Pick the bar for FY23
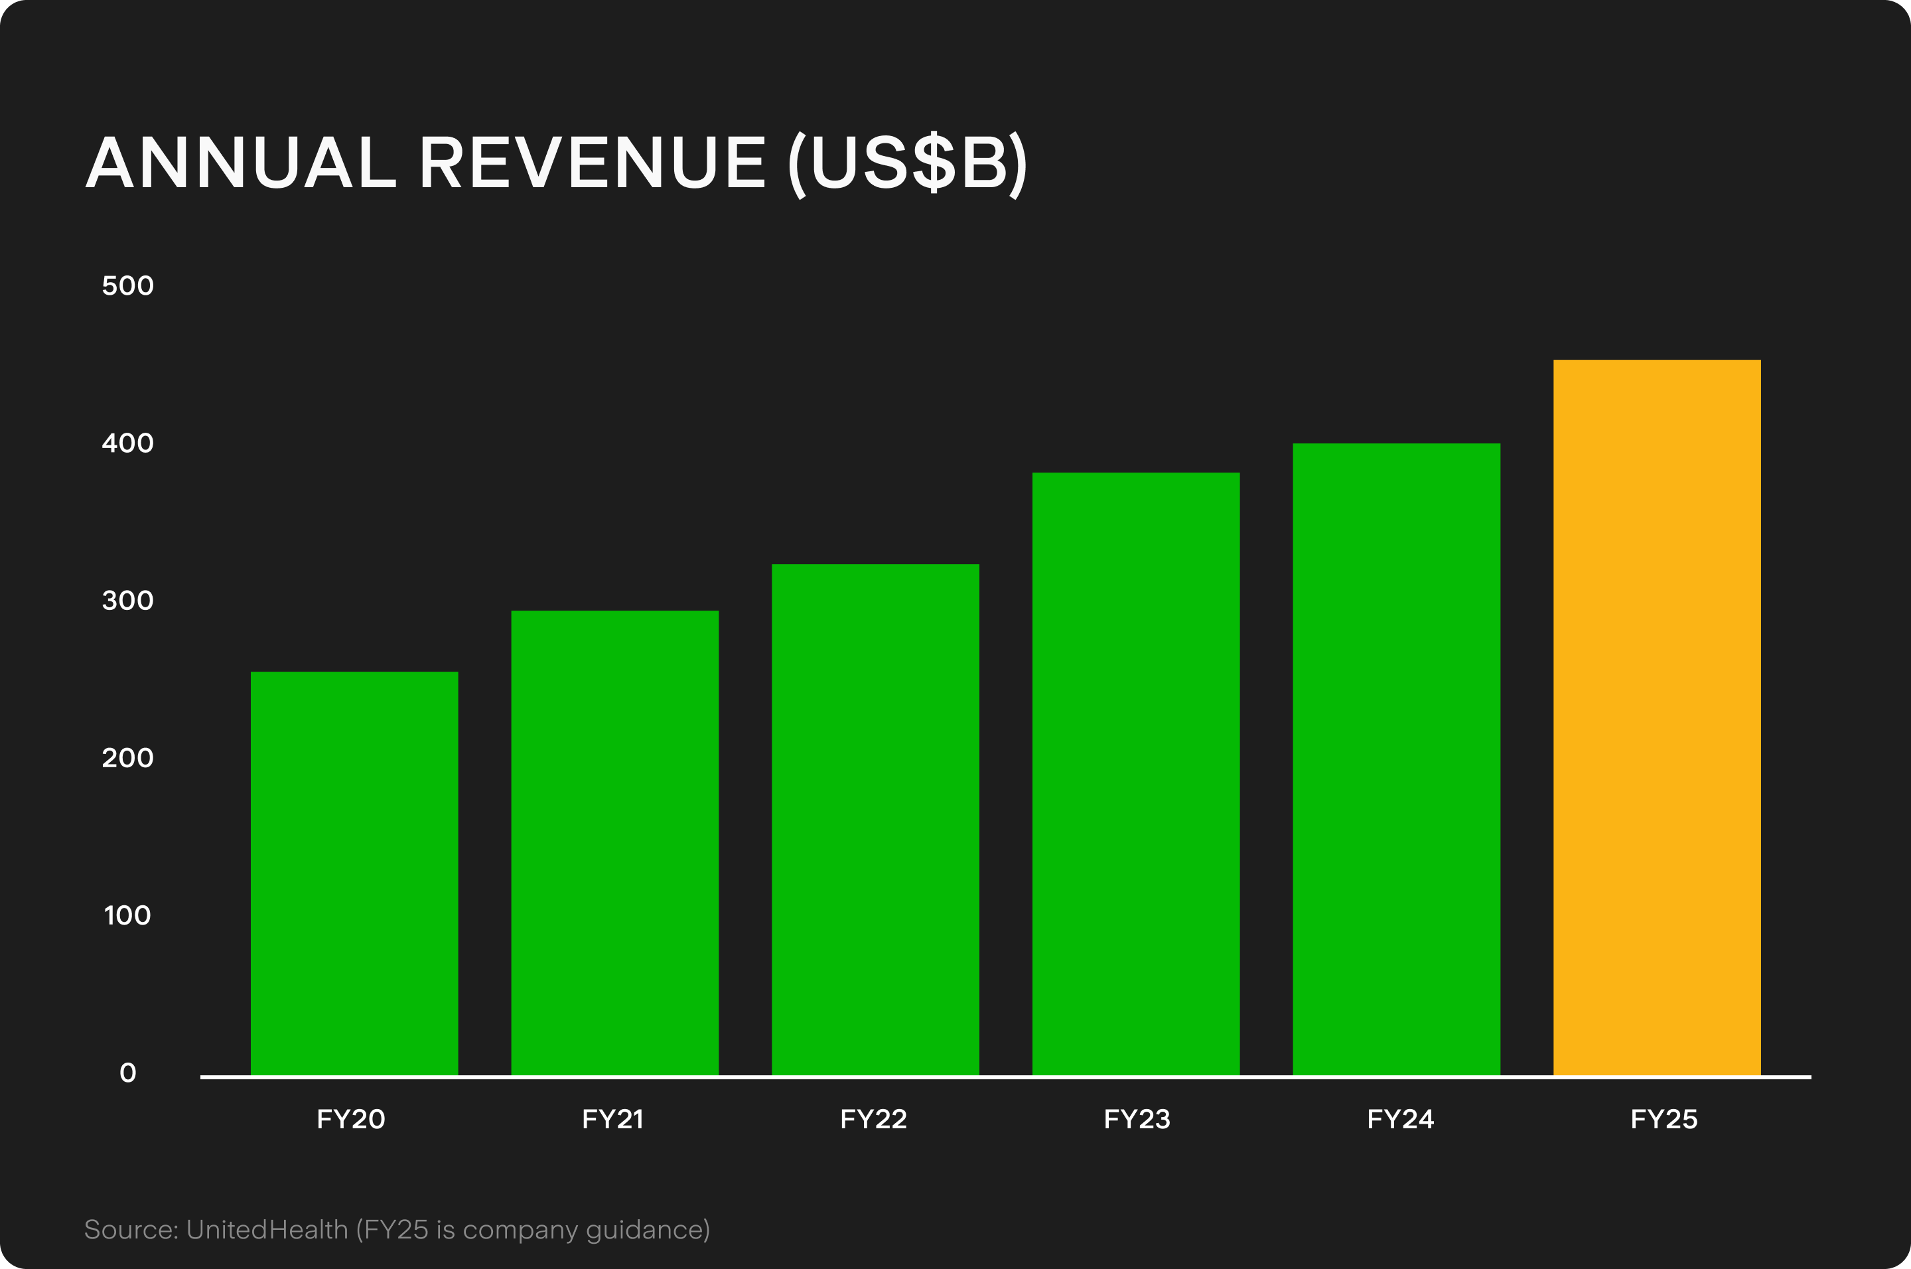(1135, 773)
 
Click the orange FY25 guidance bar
(1656, 717)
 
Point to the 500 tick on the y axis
(128, 285)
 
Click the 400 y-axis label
(128, 443)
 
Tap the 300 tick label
(128, 601)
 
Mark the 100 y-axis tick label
(128, 915)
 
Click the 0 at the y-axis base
(128, 1073)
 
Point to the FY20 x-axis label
(350, 1119)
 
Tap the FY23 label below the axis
(1137, 1119)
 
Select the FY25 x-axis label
(1663, 1119)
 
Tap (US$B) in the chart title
(908, 165)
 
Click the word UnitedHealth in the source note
(267, 1229)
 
